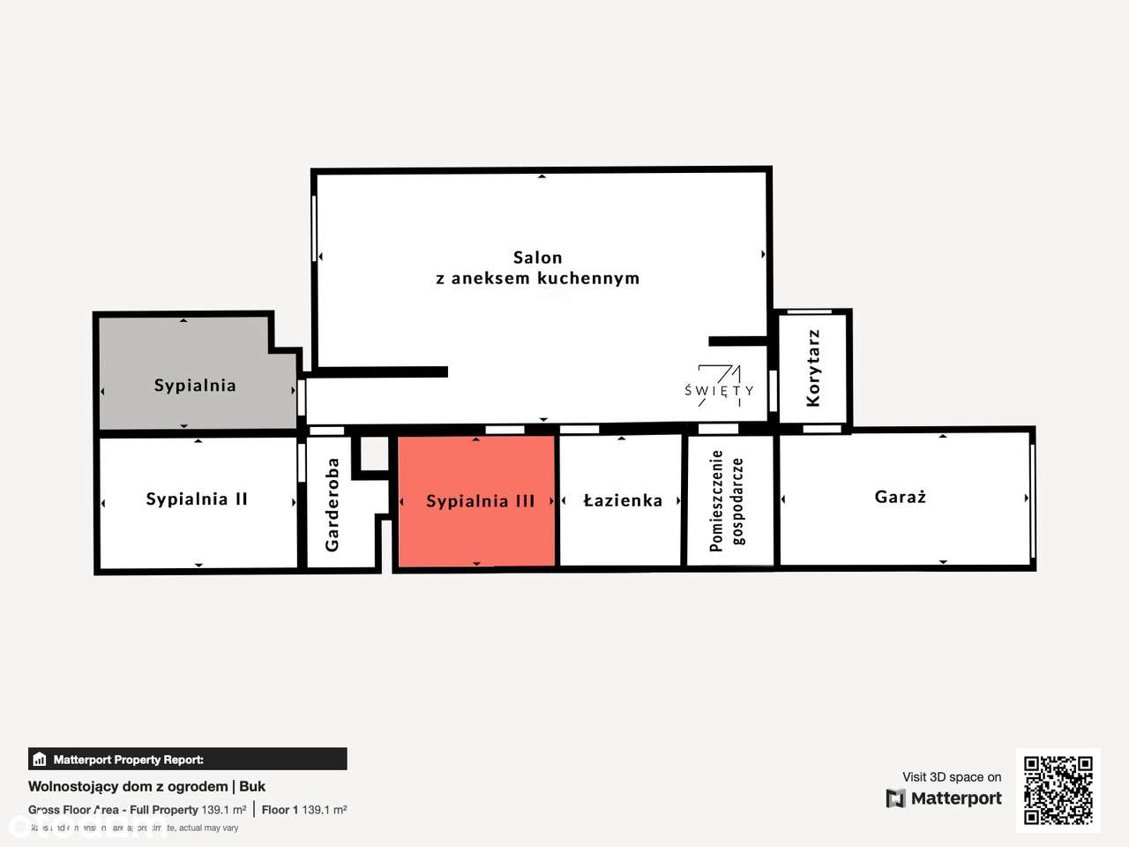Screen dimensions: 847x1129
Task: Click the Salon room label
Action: pyautogui.click(x=537, y=258)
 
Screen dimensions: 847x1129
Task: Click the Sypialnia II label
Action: pyautogui.click(x=197, y=499)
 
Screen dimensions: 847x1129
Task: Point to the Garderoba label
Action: pyautogui.click(x=333, y=505)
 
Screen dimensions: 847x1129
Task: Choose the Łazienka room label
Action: pyautogui.click(x=623, y=500)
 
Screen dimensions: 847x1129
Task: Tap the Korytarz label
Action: pyautogui.click(x=813, y=368)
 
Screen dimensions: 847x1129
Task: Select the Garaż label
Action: pyautogui.click(x=901, y=497)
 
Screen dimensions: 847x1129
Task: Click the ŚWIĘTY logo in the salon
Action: pyautogui.click(x=720, y=386)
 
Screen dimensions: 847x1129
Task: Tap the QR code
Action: pyautogui.click(x=1058, y=790)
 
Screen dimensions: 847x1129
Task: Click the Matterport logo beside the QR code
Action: pyautogui.click(x=944, y=798)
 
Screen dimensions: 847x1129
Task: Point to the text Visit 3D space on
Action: pyautogui.click(x=952, y=777)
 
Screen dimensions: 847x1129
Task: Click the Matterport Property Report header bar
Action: pyautogui.click(x=187, y=759)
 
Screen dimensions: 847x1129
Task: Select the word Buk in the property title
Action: pyautogui.click(x=252, y=786)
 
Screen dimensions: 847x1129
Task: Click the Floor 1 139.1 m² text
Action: pyautogui.click(x=304, y=810)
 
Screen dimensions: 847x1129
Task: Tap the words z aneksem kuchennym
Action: pyautogui.click(x=537, y=278)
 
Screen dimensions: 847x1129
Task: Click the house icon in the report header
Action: pyautogui.click(x=39, y=759)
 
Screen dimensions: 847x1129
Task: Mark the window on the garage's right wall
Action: pyautogui.click(x=1032, y=498)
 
